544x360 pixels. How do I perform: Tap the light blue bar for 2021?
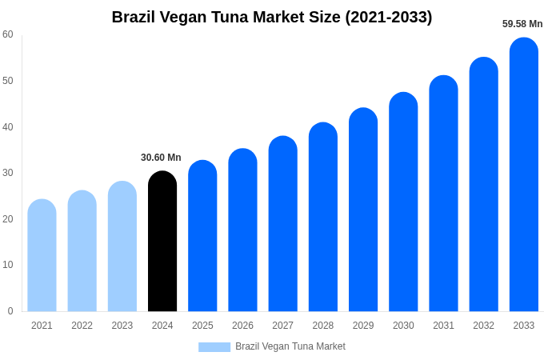click(x=42, y=255)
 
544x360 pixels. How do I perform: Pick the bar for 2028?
click(x=323, y=217)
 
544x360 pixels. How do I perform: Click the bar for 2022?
click(x=82, y=251)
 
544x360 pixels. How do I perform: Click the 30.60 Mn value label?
click(x=161, y=158)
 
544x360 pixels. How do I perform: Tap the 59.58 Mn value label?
click(x=522, y=24)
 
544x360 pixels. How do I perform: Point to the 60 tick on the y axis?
click(x=8, y=34)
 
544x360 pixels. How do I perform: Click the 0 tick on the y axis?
click(x=10, y=311)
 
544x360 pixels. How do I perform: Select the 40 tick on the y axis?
click(x=8, y=127)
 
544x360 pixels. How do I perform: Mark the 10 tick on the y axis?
click(x=8, y=265)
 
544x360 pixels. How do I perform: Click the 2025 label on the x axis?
click(x=202, y=326)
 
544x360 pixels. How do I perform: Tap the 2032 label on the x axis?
click(x=483, y=326)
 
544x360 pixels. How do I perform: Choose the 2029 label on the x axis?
click(x=363, y=326)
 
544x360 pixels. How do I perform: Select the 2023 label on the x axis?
click(x=122, y=326)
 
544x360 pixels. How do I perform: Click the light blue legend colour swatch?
click(x=214, y=347)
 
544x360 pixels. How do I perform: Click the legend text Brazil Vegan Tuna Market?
click(x=290, y=346)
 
